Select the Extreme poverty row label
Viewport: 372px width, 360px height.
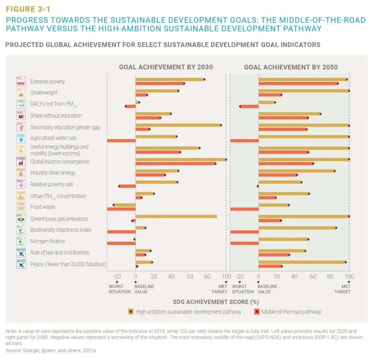(x=47, y=82)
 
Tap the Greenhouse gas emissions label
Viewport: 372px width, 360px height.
(x=59, y=219)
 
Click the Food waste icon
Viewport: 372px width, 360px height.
(x=21, y=207)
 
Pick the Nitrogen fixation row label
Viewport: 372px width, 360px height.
(x=48, y=241)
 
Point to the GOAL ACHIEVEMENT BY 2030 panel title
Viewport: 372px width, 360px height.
(x=166, y=67)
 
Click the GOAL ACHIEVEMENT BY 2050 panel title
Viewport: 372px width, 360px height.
(x=291, y=67)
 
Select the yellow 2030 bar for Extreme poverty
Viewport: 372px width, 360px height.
(x=170, y=80)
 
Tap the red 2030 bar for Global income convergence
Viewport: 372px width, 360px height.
(x=176, y=163)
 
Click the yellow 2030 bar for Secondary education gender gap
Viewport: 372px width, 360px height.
(x=178, y=125)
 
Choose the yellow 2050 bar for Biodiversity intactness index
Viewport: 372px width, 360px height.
(x=297, y=228)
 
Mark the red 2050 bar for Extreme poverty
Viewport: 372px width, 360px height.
(x=298, y=84)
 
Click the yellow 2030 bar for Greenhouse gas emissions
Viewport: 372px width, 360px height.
(x=176, y=217)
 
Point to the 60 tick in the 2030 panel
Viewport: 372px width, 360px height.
(x=190, y=276)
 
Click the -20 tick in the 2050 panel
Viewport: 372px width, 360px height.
(x=240, y=276)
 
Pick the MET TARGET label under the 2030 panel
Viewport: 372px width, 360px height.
(x=220, y=289)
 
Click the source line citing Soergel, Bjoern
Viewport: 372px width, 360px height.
(x=52, y=350)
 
